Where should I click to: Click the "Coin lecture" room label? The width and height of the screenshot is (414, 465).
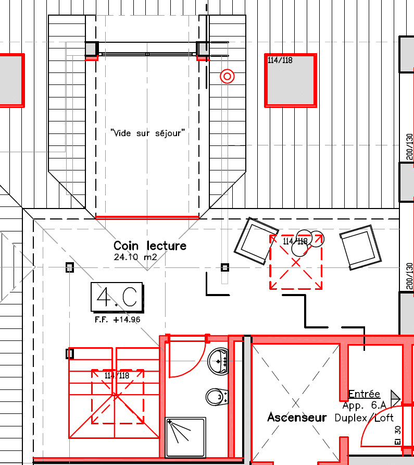150,246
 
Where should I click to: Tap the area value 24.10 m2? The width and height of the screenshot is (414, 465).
135,257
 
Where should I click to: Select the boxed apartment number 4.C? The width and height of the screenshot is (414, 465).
117,298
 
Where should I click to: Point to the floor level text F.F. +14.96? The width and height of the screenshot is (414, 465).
117,320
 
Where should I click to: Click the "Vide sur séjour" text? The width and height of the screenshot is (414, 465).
147,133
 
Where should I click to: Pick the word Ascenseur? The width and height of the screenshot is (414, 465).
297,417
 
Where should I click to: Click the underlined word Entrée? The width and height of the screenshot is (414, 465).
364,394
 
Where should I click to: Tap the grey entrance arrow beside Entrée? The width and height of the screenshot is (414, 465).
396,398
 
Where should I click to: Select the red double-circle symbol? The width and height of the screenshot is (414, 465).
227,77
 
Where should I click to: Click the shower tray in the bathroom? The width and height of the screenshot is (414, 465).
185,437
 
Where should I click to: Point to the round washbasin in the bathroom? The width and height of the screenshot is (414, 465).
218,361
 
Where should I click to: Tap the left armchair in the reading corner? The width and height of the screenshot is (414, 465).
256,241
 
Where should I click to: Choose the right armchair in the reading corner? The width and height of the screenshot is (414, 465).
361,248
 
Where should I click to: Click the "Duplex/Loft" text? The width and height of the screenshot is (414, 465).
364,418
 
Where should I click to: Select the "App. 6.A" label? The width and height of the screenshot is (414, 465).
365,406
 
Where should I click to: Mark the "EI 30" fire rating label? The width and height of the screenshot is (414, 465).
398,435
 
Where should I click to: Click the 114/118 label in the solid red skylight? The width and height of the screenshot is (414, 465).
280,60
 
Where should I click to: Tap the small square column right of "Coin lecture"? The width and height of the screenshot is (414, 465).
225,268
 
